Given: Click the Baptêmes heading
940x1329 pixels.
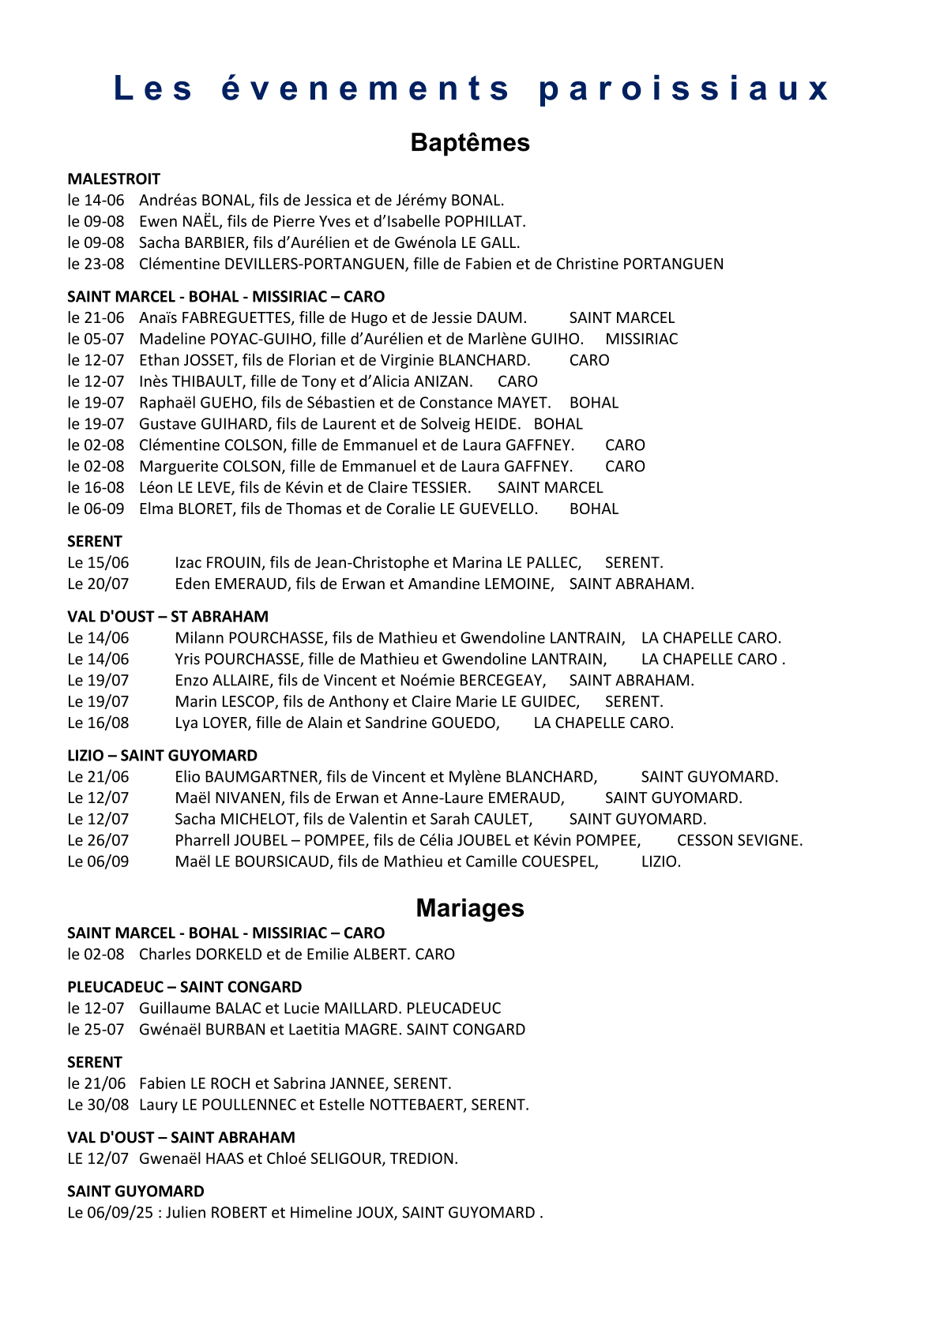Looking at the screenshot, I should [470, 143].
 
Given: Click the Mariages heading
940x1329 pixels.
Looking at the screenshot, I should [470, 908].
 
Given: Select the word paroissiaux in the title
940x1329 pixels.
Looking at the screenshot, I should [684, 88].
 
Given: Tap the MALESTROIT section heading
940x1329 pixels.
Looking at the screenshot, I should [114, 179].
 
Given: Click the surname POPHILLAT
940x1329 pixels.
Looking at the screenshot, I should [484, 222].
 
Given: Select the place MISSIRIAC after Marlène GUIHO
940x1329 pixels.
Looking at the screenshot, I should [641, 340].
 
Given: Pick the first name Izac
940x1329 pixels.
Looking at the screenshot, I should [188, 563].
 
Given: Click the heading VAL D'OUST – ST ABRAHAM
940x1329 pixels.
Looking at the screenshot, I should [167, 617].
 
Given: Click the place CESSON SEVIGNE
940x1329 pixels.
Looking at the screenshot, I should [739, 841].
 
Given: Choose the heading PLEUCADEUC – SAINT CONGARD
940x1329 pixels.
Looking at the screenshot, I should [184, 987].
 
